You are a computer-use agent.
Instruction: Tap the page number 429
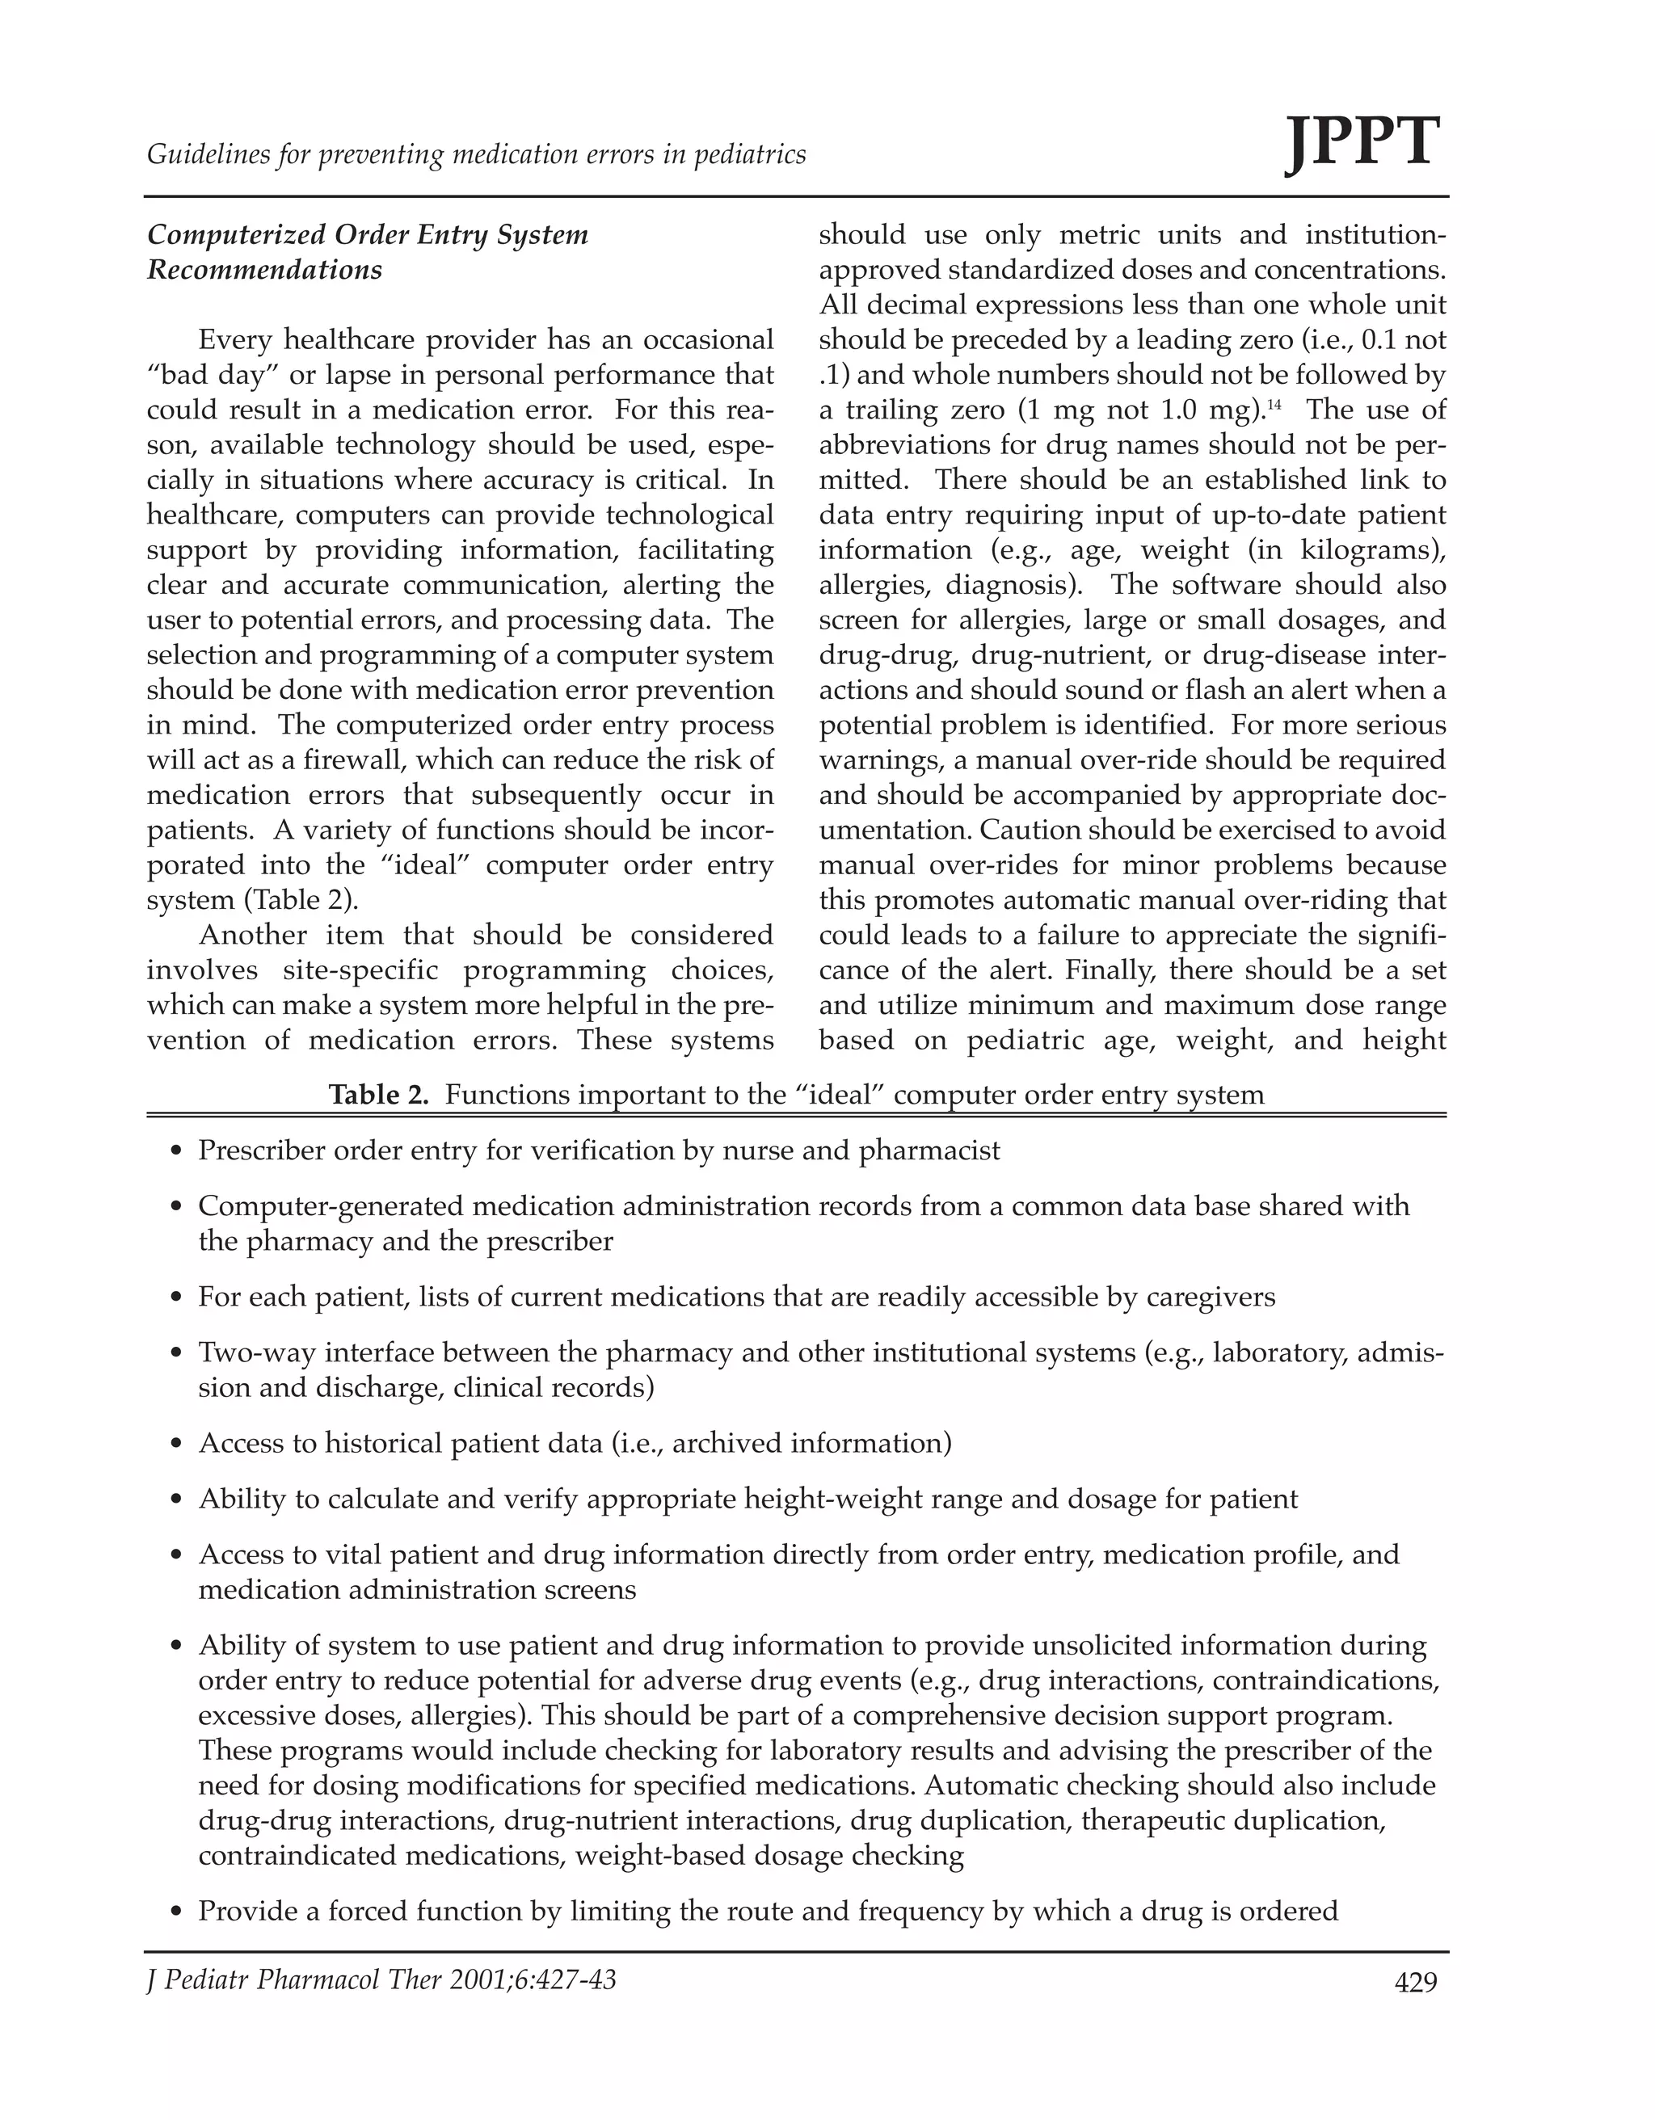click(x=1415, y=1982)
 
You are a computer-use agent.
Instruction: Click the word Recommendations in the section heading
click(x=265, y=270)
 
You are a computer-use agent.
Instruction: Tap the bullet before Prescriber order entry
click(x=175, y=1152)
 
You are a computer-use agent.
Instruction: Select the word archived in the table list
click(x=726, y=1444)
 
